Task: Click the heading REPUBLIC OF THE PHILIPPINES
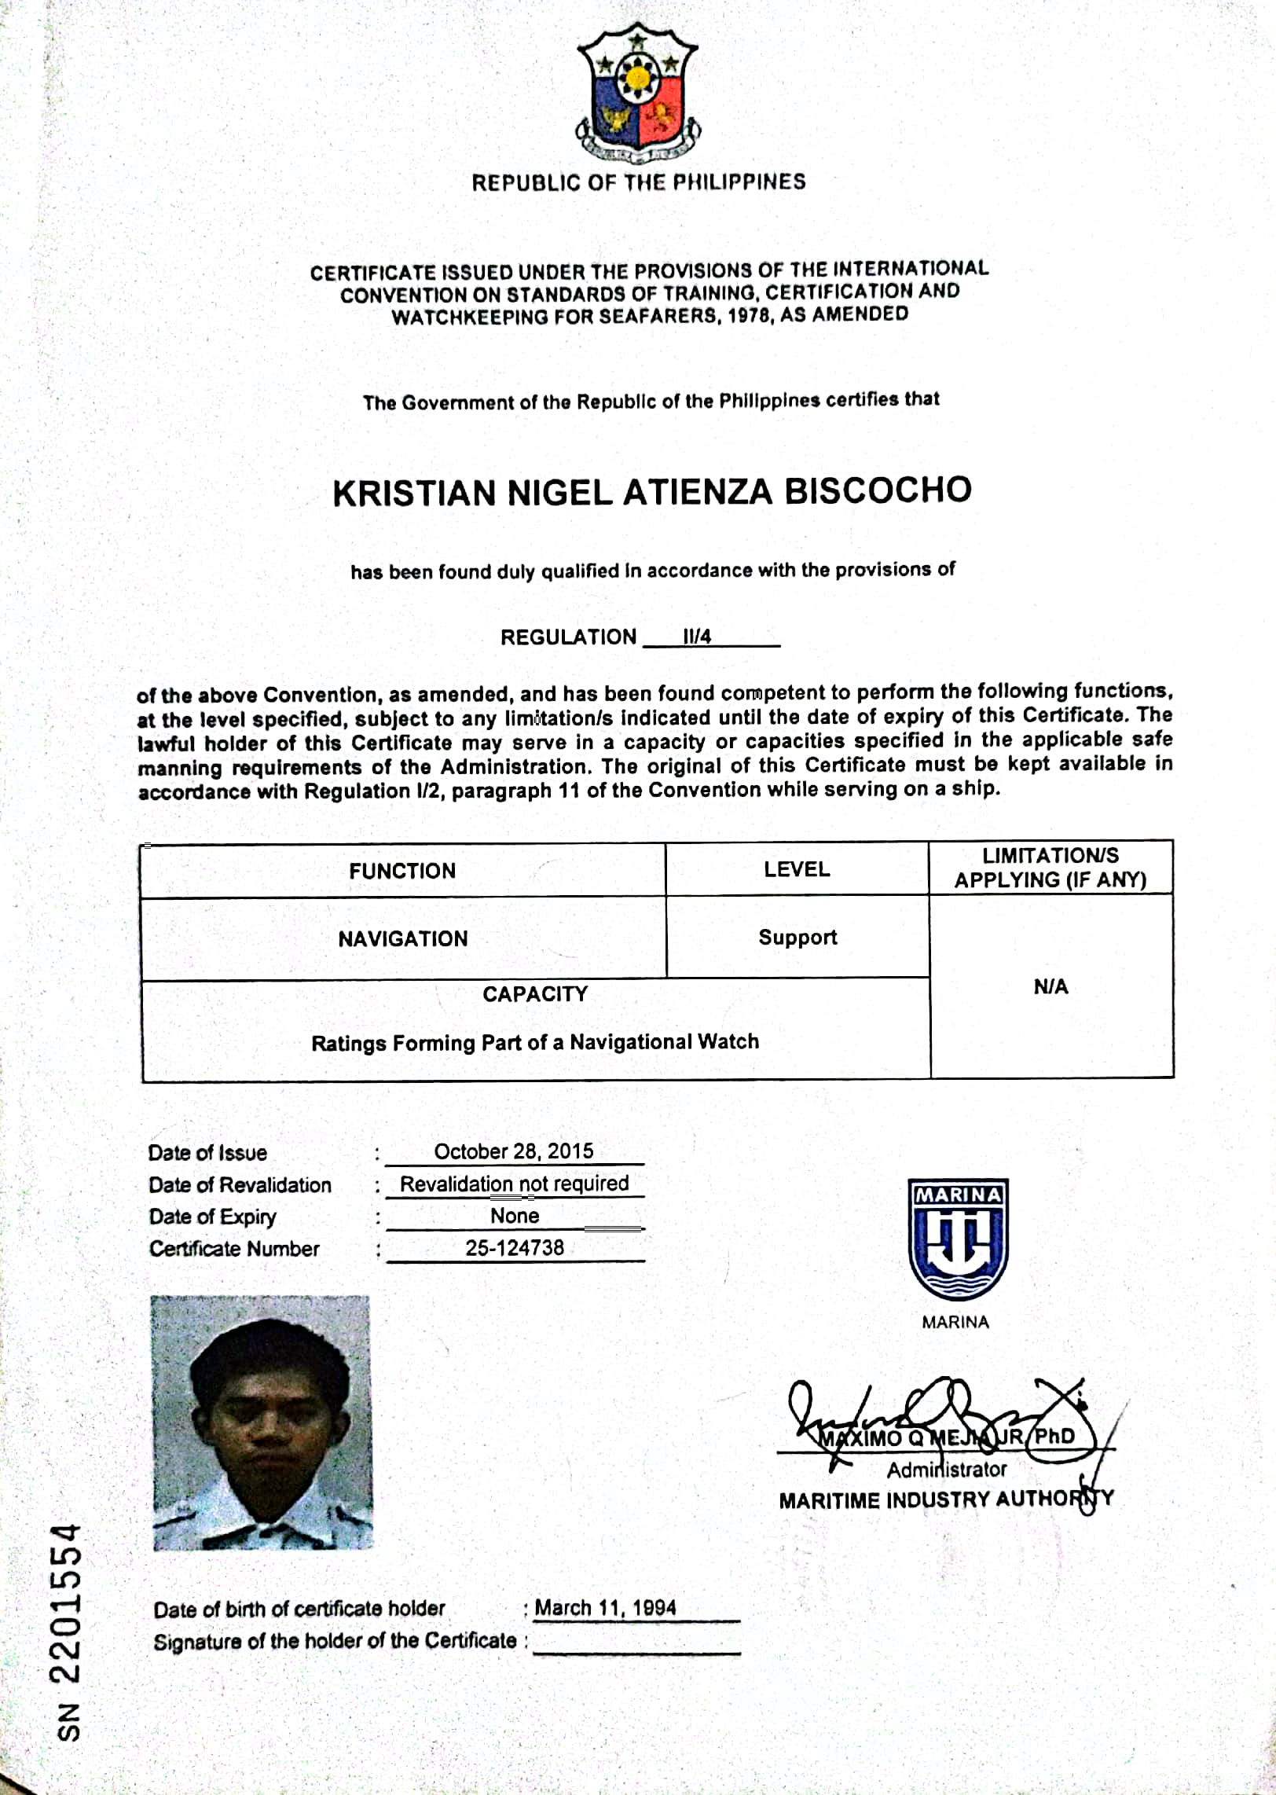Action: pyautogui.click(x=638, y=182)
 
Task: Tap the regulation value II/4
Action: pyautogui.click(x=697, y=637)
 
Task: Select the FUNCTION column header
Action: pyautogui.click(x=402, y=871)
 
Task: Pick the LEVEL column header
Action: pyautogui.click(x=797, y=869)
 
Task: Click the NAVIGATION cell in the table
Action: pyautogui.click(x=402, y=938)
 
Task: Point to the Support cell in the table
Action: pyautogui.click(x=797, y=937)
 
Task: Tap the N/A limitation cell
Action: pyautogui.click(x=1050, y=987)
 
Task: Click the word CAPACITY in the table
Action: pyautogui.click(x=535, y=994)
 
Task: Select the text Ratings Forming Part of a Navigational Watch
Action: pyautogui.click(x=535, y=1042)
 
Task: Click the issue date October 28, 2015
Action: pyautogui.click(x=514, y=1151)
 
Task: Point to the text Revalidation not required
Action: pyautogui.click(x=515, y=1184)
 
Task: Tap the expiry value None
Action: pyautogui.click(x=515, y=1216)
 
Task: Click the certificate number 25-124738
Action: pyautogui.click(x=515, y=1247)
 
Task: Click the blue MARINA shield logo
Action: pyautogui.click(x=958, y=1239)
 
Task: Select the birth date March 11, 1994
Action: pyautogui.click(x=605, y=1607)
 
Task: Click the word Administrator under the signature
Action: pyautogui.click(x=946, y=1469)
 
